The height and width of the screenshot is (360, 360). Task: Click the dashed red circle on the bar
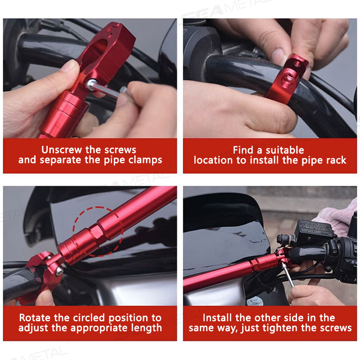pos(98,231)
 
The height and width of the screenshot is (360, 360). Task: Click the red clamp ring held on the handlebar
pos(282,79)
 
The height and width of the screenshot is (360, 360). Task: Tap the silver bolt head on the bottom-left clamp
pos(59,271)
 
